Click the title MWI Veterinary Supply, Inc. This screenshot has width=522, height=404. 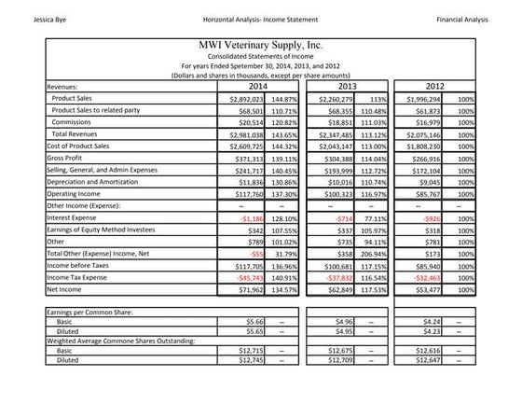(261, 44)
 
